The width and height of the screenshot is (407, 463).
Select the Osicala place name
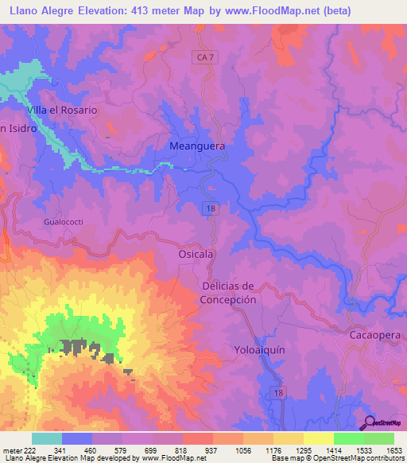click(x=195, y=254)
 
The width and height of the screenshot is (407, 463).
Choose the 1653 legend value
click(x=393, y=450)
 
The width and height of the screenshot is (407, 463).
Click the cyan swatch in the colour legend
click(x=47, y=438)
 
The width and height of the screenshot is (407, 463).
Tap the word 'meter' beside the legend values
click(x=11, y=450)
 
